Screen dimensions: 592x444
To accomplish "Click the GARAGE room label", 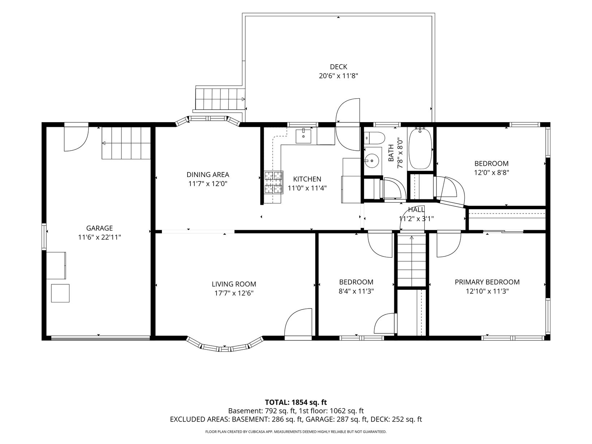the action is tap(99, 228).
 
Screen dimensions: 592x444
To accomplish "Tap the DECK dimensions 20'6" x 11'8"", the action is tap(338, 76).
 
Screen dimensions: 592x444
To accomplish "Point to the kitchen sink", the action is tap(304, 137).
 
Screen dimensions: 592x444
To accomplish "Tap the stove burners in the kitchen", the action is tap(274, 182).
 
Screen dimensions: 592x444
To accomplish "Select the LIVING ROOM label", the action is tap(234, 284).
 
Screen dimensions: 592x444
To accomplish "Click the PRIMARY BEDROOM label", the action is tap(487, 282).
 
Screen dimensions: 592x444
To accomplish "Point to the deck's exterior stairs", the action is tap(220, 99).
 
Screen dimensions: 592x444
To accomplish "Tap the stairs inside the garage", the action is tap(126, 143).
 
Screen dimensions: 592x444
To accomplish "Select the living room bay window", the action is tap(225, 345).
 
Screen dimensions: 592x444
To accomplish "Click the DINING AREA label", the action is tap(208, 174).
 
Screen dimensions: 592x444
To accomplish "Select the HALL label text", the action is tap(416, 210).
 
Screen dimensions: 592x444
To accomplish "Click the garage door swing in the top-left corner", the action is tap(76, 137).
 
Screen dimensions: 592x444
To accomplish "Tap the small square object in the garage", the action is tap(60, 293).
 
